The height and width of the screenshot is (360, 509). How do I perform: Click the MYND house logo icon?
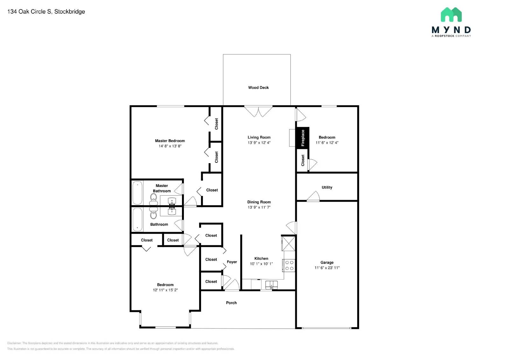click(451, 15)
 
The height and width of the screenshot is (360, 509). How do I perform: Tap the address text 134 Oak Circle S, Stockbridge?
click(46, 12)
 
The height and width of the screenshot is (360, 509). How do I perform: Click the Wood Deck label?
click(258, 87)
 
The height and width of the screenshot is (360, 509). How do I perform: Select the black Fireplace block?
click(303, 138)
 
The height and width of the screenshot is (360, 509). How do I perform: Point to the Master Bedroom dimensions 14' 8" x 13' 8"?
click(170, 146)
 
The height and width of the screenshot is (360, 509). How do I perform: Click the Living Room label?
click(259, 137)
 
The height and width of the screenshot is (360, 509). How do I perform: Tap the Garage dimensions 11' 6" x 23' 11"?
click(327, 268)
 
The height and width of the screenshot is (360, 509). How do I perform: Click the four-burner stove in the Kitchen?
click(289, 266)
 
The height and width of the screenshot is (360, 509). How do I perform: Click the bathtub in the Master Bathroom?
click(137, 193)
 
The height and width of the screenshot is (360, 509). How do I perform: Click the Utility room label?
click(327, 187)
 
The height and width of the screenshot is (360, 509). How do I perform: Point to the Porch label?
click(231, 303)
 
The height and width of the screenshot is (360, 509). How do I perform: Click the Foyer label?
click(232, 262)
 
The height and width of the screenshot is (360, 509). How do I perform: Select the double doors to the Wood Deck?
click(258, 111)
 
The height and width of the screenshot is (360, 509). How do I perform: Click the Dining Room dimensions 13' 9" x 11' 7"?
click(259, 207)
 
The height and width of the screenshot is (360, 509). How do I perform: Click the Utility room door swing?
click(314, 197)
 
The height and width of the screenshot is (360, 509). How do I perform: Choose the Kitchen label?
click(261, 259)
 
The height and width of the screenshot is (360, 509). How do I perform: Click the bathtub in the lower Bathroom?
click(137, 219)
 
